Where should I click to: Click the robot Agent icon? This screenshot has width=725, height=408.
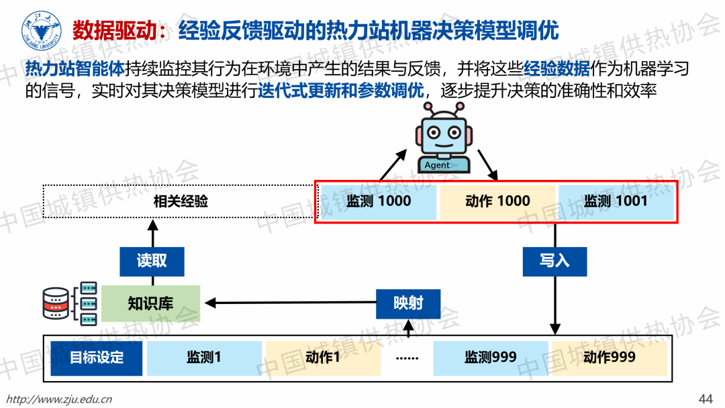[441, 138]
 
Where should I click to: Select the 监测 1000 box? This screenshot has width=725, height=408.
[379, 201]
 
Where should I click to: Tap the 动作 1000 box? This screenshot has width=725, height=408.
[497, 201]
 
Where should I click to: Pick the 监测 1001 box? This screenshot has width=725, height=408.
[616, 201]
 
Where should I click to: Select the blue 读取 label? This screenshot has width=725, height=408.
[152, 260]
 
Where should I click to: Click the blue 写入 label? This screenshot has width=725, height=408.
[554, 260]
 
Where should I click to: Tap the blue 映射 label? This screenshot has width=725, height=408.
[408, 303]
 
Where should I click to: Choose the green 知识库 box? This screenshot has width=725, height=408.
[150, 303]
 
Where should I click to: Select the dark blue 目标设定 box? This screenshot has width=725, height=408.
[97, 357]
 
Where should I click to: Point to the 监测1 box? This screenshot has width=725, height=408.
[204, 357]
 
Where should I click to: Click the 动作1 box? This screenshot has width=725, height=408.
[322, 357]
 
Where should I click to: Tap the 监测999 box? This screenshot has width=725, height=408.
[491, 357]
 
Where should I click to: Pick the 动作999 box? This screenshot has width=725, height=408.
[609, 357]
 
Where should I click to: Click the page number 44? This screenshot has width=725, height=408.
[706, 398]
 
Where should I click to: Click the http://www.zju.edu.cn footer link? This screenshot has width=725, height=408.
[58, 399]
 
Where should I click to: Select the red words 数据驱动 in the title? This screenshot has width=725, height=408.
[110, 31]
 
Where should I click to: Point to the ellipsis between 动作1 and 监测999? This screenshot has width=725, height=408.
[407, 357]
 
